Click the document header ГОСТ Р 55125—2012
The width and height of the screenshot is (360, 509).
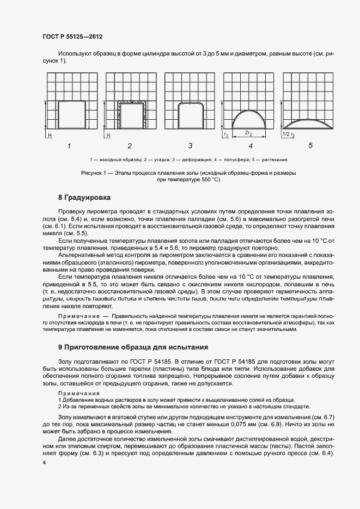click(72, 36)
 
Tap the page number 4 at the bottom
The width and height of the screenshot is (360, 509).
click(44, 462)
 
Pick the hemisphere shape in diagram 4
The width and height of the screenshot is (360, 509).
click(250, 120)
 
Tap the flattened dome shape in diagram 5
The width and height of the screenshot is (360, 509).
click(309, 124)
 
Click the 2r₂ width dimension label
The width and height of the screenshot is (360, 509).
click(248, 132)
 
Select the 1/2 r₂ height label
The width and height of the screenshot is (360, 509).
click(289, 133)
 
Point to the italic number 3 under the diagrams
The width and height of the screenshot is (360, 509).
click(190, 146)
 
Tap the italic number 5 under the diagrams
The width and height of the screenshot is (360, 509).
click(310, 146)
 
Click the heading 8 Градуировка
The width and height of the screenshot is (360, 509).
click(84, 197)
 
